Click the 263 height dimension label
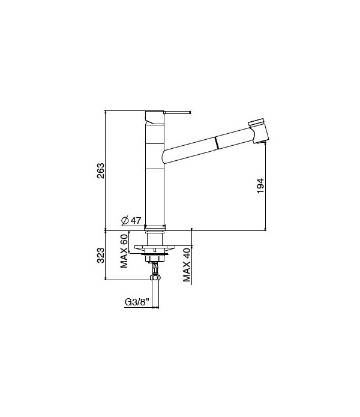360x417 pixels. coord(101,171)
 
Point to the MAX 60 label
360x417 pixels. coord(124,250)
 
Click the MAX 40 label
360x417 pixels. coord(187,264)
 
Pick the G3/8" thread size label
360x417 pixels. coord(137,303)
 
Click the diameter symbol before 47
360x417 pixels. coord(124,221)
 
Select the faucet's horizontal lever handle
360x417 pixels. coord(177,112)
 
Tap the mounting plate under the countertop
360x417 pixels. coord(155,247)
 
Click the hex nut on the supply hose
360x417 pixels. coord(155,278)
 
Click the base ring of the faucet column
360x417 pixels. coord(155,227)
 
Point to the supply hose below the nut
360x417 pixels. coord(155,294)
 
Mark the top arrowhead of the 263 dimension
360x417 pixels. coord(106,112)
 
